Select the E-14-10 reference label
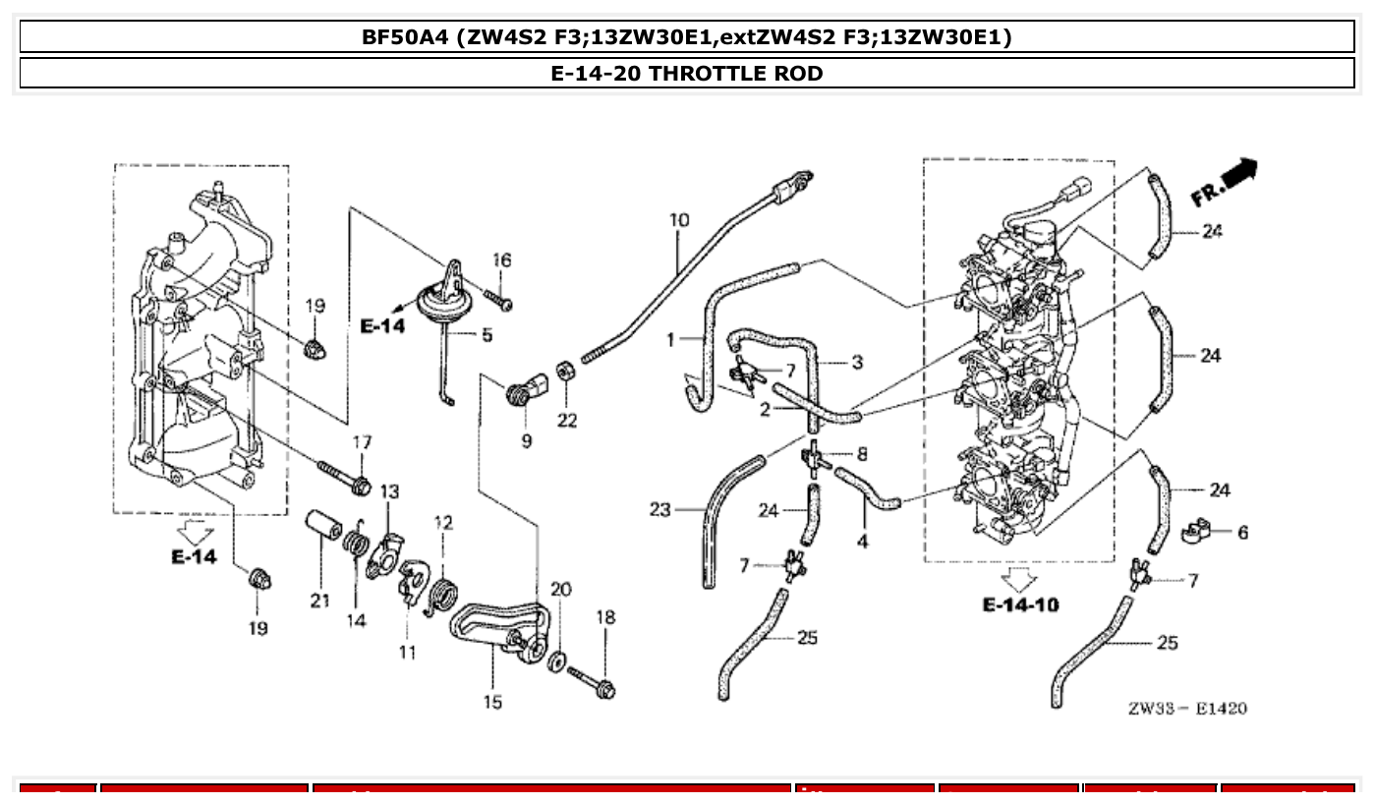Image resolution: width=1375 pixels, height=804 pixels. (1020, 604)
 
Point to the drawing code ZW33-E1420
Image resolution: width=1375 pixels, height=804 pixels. (1186, 708)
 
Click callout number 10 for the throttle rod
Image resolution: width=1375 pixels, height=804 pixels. (679, 220)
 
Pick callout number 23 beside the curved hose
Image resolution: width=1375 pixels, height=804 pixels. (659, 509)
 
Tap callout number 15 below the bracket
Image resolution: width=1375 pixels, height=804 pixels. (492, 703)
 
